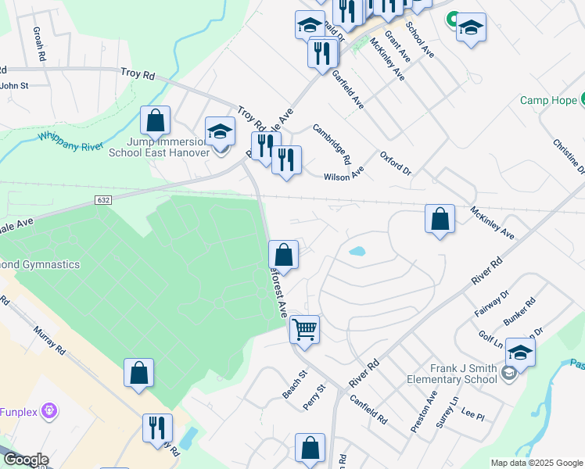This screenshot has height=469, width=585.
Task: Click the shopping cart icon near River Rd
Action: click(303, 328)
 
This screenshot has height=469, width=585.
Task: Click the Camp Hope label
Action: click(548, 101)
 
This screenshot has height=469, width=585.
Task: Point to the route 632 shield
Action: click(103, 200)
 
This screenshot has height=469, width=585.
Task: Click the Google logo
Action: click(25, 460)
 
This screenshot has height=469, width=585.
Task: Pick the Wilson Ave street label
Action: click(343, 172)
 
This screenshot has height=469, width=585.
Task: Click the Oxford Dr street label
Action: click(396, 161)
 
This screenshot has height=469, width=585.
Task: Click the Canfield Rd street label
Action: click(369, 408)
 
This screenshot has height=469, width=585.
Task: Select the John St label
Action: click(14, 86)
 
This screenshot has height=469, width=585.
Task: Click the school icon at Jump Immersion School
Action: click(220, 131)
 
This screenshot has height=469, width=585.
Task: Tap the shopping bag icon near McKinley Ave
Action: click(440, 219)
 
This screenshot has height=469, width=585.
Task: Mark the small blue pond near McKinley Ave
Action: click(357, 252)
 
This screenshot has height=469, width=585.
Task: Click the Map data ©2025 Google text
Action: click(536, 463)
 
